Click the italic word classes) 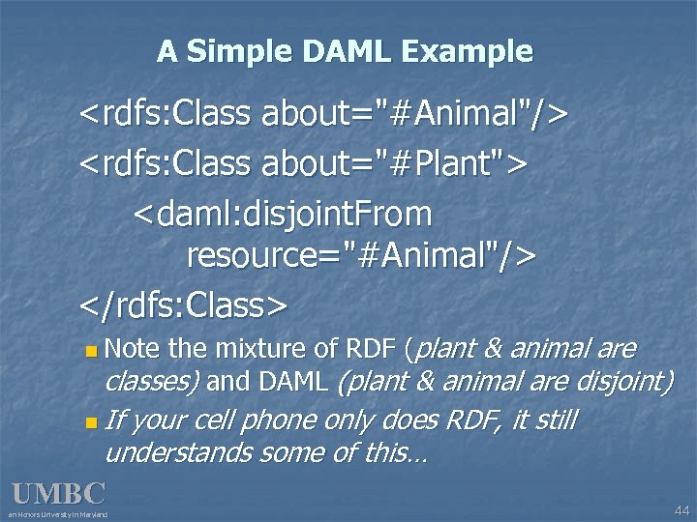click(151, 382)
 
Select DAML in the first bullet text click(292, 382)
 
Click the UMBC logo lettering click(58, 494)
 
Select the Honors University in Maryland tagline click(58, 514)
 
